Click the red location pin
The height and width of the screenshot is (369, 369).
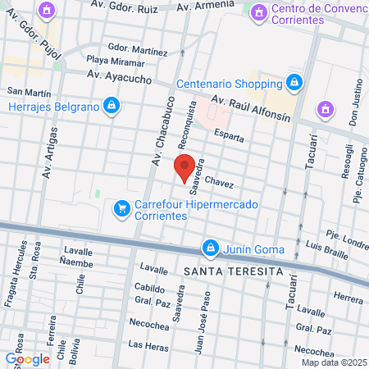[185, 168]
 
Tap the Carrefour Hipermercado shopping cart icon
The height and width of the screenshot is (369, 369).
[122, 208]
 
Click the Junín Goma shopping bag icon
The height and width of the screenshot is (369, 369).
[211, 247]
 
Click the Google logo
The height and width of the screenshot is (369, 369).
[27, 358]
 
